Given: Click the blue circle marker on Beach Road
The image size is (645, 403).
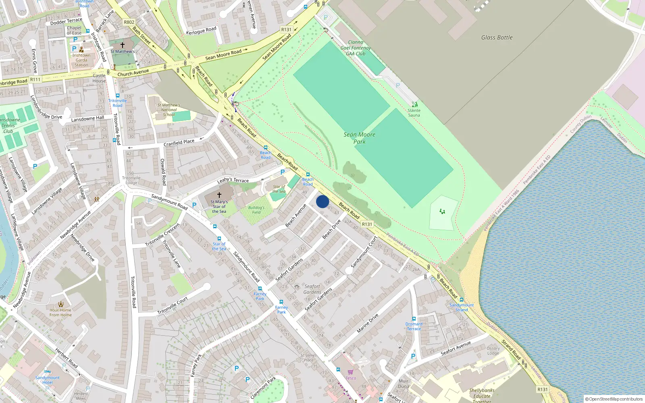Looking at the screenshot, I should pyautogui.click(x=322, y=201).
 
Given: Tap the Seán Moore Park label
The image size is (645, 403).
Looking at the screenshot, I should pyautogui.click(x=359, y=138).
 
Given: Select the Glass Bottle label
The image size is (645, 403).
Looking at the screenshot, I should pyautogui.click(x=497, y=37).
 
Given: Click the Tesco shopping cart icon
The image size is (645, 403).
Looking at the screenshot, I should pyautogui.click(x=350, y=372).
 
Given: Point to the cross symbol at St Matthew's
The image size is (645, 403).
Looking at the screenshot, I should pyautogui.click(x=123, y=45).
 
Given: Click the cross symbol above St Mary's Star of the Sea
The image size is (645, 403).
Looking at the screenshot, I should pyautogui.click(x=219, y=195).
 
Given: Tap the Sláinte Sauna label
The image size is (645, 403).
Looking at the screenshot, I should pyautogui.click(x=414, y=113).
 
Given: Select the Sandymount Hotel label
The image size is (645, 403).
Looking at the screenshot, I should pyautogui.click(x=48, y=380).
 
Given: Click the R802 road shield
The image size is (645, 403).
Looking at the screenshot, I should pyautogui.click(x=129, y=22).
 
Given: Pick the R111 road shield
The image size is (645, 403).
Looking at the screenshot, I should pyautogui.click(x=35, y=80).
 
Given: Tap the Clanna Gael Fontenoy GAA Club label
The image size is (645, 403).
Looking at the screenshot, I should pyautogui.click(x=356, y=48).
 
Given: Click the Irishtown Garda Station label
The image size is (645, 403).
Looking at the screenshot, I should pyautogui.click(x=81, y=60).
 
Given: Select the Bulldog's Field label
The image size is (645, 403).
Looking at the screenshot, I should pyautogui.click(x=256, y=210).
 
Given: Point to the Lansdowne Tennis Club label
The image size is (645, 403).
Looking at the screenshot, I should pyautogui.click(x=9, y=125).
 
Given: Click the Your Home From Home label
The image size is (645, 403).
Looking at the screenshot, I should pyautogui.click(x=60, y=312).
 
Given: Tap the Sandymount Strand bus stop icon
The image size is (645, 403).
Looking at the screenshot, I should pyautogui.click(x=462, y=300).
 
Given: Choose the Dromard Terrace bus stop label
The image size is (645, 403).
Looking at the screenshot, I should pyautogui.click(x=414, y=326).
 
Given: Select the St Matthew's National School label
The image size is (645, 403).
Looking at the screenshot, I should pyautogui.click(x=169, y=110).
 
